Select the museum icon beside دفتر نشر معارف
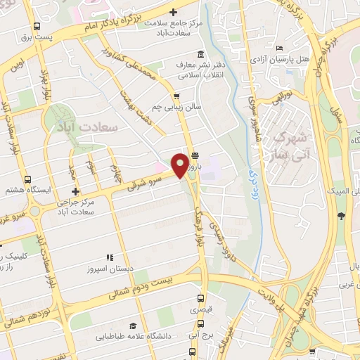coord(202,55)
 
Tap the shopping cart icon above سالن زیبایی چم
coord(176,97)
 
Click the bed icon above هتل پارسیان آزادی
coord(280,48)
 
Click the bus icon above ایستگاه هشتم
coord(27,179)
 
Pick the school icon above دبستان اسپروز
coord(109,258)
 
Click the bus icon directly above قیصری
coord(202,297)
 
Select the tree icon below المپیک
coord(341,215)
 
